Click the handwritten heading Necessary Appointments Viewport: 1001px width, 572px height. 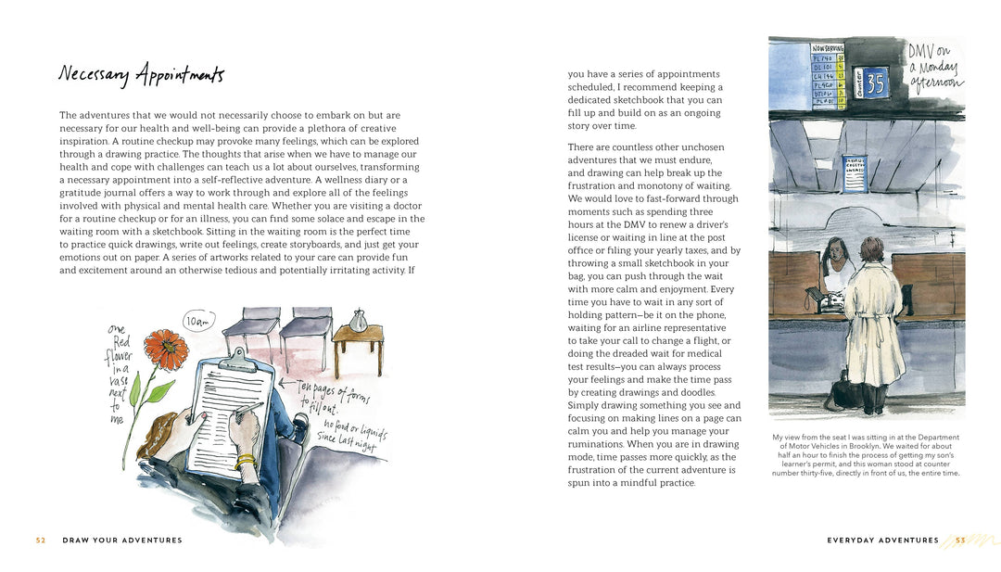tap(140, 75)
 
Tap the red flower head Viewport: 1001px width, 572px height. tap(167, 349)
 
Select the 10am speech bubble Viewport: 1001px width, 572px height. tap(198, 322)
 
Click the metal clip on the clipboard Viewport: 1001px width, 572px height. tap(237, 357)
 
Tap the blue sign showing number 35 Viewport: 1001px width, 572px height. tap(876, 83)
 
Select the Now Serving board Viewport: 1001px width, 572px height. tap(828, 75)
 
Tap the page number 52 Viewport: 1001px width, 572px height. tap(41, 540)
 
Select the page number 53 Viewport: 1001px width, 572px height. tap(960, 540)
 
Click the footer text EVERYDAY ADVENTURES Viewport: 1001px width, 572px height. tap(882, 540)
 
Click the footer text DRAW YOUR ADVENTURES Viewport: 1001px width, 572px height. tap(122, 540)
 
